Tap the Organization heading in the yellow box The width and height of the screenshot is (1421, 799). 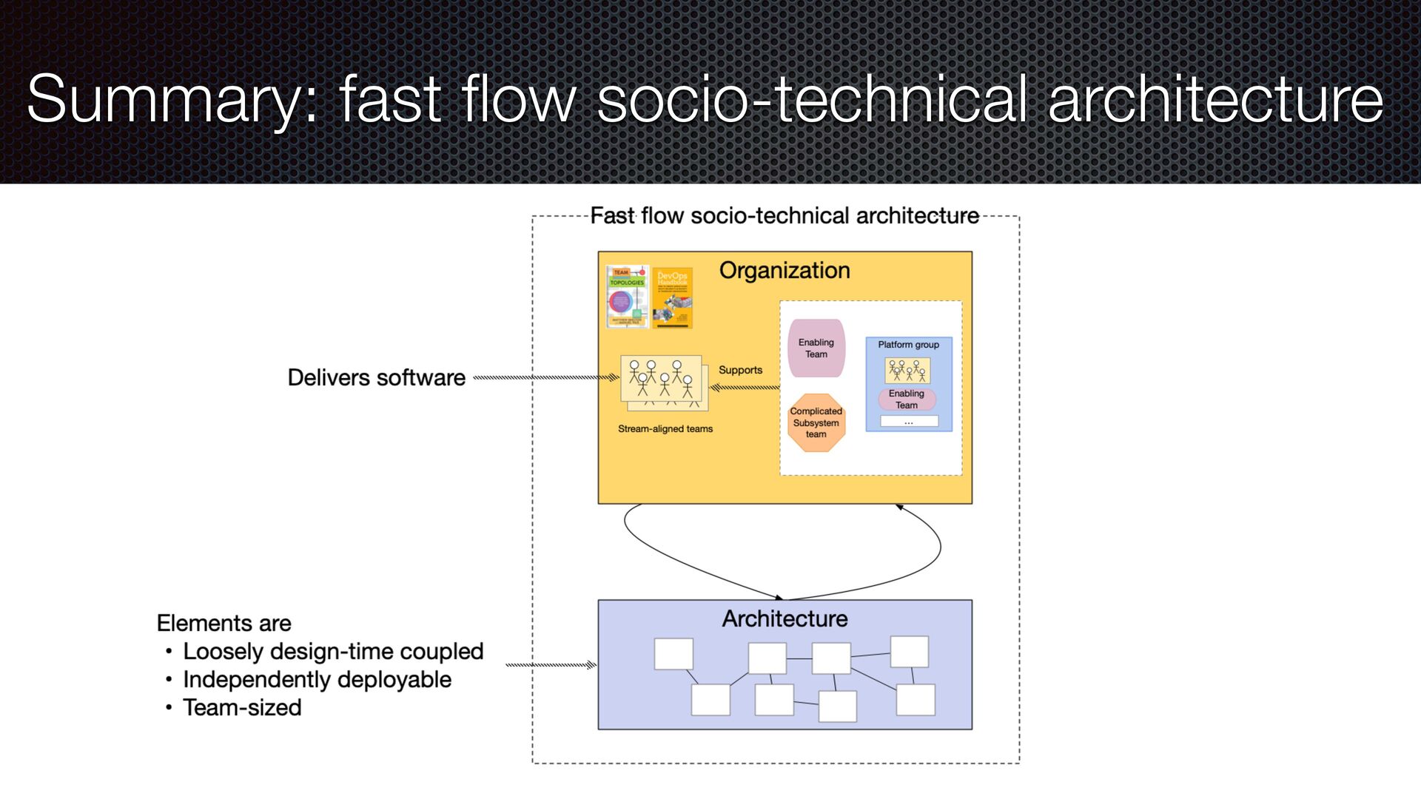click(x=785, y=271)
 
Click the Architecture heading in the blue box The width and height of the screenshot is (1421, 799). click(x=785, y=618)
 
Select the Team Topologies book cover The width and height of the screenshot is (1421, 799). click(x=627, y=297)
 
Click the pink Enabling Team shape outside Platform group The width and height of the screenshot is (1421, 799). click(x=816, y=348)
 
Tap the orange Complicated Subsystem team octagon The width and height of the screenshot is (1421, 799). click(x=816, y=422)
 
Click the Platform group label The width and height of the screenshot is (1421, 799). click(x=908, y=345)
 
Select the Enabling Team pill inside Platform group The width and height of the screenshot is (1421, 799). click(x=907, y=399)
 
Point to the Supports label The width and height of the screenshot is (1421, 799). click(x=740, y=370)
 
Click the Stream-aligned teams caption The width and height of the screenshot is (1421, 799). click(x=665, y=429)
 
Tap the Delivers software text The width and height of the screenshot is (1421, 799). click(x=376, y=378)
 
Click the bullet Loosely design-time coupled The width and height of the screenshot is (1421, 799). click(x=333, y=652)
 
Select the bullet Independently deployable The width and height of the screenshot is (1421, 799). click(x=317, y=680)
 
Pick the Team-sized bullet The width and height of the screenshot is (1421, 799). click(x=242, y=708)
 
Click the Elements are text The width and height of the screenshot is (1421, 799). click(x=224, y=624)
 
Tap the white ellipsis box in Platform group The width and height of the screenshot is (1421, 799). click(x=909, y=422)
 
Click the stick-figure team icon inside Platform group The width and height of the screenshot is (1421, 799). click(x=907, y=371)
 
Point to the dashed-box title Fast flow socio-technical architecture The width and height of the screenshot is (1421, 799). click(x=785, y=216)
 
